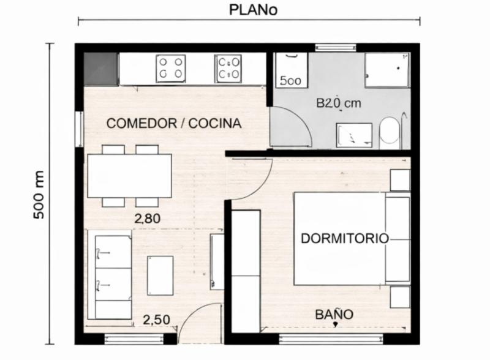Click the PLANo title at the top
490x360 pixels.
point(253,9)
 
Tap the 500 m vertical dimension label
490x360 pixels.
point(39,195)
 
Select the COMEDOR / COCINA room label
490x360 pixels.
point(174,124)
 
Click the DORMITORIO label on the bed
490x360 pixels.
point(345,238)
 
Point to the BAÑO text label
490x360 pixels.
point(334,314)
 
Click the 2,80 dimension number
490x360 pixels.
point(148,219)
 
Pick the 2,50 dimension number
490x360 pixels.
point(157,320)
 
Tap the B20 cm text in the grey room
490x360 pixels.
point(339,103)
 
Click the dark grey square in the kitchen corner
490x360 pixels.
point(100,69)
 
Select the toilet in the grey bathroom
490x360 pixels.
point(390,132)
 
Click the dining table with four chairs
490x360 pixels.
point(130,176)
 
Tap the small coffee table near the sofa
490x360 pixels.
point(160,276)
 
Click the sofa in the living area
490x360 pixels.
point(110,275)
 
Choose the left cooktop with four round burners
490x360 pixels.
point(171,69)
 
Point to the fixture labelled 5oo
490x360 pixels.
point(291,70)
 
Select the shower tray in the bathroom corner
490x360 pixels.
point(387,70)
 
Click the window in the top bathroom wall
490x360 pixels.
point(336,48)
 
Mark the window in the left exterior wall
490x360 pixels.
point(80,129)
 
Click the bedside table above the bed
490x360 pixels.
point(400,180)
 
